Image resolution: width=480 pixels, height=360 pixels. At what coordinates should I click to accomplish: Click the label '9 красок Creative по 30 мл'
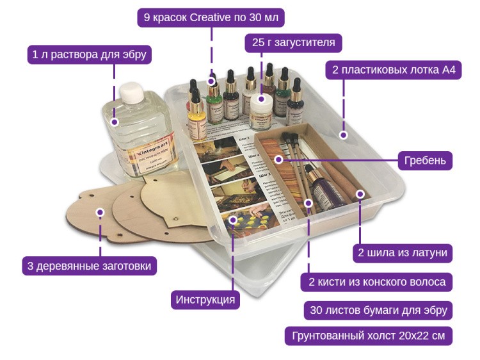click(x=211, y=17)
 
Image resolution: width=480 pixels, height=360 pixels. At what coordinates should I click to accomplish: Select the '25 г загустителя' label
click(x=294, y=44)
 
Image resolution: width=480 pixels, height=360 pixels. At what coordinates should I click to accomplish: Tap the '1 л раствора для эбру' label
click(x=89, y=54)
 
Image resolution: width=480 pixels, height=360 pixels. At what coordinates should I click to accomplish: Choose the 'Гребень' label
click(x=425, y=160)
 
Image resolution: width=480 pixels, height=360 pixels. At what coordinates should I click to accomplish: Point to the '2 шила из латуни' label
click(x=403, y=252)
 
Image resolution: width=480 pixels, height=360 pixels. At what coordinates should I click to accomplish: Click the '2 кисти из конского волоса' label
click(x=377, y=282)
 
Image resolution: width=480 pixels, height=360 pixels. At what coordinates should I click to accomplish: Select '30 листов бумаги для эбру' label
click(x=378, y=310)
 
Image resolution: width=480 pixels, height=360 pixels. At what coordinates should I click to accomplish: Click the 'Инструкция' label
click(x=205, y=299)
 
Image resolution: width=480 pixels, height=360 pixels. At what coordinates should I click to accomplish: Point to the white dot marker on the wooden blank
click(x=100, y=212)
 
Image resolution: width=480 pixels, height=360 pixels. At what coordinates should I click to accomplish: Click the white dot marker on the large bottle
click(x=115, y=122)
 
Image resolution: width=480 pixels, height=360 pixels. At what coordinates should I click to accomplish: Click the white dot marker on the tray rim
click(x=343, y=135)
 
